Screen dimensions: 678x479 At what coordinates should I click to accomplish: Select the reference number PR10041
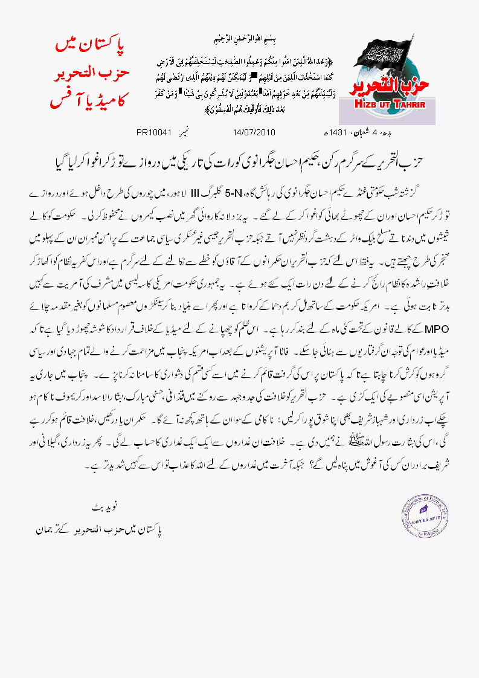tap(155, 131)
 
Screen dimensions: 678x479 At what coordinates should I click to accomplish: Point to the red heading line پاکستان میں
tap(89, 45)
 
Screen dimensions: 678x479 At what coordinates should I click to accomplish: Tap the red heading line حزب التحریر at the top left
tap(88, 72)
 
